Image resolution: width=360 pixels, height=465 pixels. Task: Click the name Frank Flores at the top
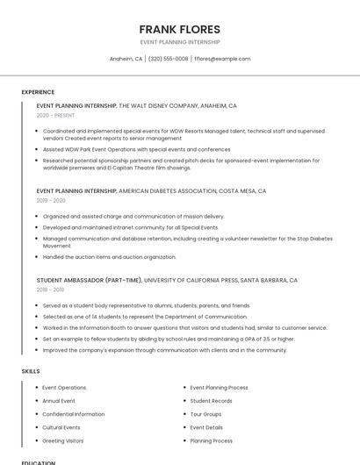pos(179,29)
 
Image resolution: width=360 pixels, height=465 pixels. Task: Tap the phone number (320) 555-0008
pos(168,59)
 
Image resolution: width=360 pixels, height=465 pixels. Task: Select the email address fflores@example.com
pos(222,59)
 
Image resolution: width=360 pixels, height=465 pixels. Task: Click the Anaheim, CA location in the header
pos(126,59)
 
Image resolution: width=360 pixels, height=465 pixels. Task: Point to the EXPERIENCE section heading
pos(38,92)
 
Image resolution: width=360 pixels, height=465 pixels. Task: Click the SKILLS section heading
pos(30,371)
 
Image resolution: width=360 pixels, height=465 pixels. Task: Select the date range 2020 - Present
pos(55,115)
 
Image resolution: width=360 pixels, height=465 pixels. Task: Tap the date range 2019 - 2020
pos(51,200)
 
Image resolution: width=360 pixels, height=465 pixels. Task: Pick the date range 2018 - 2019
pos(50,290)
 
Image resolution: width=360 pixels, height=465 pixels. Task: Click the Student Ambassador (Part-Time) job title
pos(89,280)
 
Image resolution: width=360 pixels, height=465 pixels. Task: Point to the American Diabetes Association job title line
pos(151,190)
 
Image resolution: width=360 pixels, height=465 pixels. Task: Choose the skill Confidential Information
pos(74,414)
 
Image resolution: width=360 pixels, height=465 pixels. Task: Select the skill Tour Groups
pos(205,414)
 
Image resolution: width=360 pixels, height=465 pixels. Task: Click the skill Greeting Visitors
pos(63,440)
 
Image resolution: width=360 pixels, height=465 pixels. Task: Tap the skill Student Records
pos(211,401)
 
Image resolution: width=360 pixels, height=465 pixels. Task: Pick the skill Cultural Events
pos(61,427)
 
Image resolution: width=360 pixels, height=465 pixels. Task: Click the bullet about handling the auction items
pos(110,257)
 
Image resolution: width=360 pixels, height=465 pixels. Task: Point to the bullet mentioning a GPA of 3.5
pos(169,339)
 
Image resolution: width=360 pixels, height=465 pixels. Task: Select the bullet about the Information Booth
pos(184,327)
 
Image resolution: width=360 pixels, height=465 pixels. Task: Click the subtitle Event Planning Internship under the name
pos(179,42)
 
